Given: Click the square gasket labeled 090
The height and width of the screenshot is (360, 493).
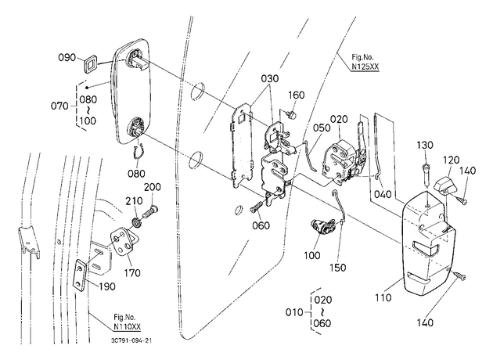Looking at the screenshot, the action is pos(90,64).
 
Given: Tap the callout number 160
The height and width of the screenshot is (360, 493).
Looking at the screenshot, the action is pos(296,95).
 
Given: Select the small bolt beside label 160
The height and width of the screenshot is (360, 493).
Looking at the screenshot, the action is pos(291,114).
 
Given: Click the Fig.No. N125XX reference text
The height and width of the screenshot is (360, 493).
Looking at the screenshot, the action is pos(365,62).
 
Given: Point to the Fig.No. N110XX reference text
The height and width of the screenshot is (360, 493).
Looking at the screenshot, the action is pos(127,322).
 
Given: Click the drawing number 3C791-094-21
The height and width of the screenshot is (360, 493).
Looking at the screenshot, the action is pos(131,340).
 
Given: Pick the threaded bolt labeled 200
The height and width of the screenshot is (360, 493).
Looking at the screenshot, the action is pos(151,211).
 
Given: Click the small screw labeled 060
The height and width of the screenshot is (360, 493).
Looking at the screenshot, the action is pos(257,207).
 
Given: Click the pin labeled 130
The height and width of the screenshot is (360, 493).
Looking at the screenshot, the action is pos(426,175).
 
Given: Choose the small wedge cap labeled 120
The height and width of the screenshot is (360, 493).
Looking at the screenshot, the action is pos(444,185).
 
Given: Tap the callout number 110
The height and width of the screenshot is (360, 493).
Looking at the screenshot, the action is pos(383,297).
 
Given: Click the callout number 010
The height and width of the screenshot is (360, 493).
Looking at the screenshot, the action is pos(294,312).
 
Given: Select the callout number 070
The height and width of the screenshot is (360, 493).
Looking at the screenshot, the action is pos(59,106).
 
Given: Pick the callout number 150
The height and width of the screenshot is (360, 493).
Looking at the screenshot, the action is pos(338,268).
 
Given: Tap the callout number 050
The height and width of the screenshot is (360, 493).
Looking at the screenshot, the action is pos(322,128).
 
